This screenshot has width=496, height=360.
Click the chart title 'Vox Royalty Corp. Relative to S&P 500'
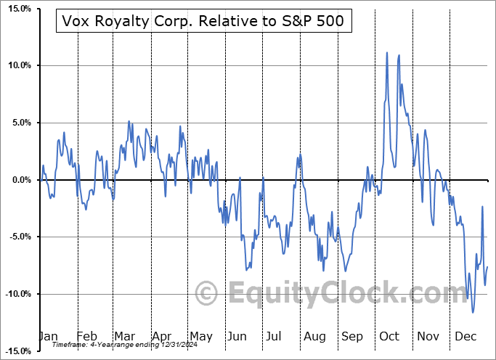point(203,22)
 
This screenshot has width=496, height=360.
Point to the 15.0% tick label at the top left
point(17,9)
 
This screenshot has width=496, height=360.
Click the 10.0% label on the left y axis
point(17,66)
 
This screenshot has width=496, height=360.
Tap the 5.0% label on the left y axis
point(18,123)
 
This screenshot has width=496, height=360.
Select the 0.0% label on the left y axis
point(18,180)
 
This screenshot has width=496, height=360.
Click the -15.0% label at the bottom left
point(15,351)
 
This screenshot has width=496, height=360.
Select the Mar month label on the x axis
point(125,337)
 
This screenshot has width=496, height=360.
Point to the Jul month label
point(275,337)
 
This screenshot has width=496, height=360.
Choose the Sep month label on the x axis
point(351,337)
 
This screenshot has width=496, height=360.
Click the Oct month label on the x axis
point(389,337)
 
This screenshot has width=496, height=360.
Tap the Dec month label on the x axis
point(465,337)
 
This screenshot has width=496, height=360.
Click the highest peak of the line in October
point(387,53)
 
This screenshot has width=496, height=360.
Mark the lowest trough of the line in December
point(473,312)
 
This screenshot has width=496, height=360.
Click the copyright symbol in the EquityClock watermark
point(207,294)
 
